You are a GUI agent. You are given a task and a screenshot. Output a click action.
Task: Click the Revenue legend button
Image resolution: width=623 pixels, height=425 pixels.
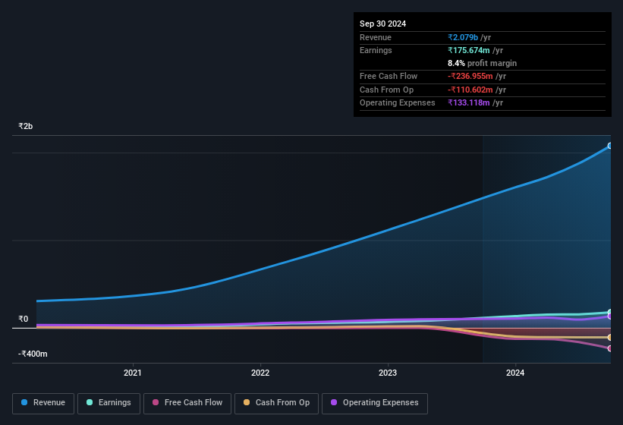pos(43,403)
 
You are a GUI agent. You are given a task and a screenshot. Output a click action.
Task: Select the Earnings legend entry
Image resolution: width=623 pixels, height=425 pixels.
pos(109,403)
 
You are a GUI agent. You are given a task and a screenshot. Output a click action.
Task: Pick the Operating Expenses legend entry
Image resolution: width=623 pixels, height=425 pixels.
pos(374,403)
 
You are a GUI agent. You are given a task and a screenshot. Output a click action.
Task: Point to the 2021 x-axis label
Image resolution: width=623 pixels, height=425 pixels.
pos(133,373)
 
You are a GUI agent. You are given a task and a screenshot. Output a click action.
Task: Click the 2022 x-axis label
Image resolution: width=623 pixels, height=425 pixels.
pos(260,373)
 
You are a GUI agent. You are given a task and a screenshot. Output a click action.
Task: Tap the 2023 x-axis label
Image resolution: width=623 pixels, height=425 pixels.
pos(388,373)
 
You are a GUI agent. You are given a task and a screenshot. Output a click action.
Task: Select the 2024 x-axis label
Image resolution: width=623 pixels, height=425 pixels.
pos(515,373)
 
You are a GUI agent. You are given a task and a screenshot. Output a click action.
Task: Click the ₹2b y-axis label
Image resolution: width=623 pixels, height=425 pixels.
pos(26,126)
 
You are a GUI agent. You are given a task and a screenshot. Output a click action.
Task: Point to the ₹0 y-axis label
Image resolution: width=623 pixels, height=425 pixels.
pos(23,319)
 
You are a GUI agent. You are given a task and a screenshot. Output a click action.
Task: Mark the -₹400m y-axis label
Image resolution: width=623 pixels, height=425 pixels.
pos(33,354)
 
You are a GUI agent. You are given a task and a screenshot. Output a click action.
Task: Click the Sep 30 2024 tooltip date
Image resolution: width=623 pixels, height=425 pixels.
pos(382,24)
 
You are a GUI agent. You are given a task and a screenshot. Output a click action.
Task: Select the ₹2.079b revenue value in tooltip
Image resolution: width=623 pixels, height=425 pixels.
pos(469,37)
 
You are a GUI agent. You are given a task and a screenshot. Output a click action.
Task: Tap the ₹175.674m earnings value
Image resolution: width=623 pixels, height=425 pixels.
pos(475,50)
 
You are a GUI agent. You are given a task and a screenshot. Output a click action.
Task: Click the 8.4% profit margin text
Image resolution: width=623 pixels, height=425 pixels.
pos(482,63)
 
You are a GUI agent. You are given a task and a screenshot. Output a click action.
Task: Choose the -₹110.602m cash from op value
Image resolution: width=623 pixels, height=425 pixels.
pos(475,90)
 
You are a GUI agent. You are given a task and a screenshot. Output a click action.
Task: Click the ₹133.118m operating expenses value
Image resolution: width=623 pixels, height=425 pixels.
pos(475,102)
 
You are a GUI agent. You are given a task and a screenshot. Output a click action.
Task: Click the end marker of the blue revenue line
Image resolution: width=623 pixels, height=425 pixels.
pos(609,146)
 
